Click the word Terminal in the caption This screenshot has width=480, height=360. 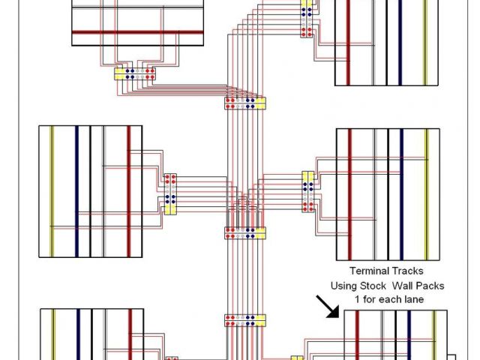[367, 271]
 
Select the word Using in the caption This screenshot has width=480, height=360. [345, 286]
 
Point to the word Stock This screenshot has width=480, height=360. [379, 286]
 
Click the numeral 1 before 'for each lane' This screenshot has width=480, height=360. [358, 299]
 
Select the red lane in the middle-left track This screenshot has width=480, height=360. [128, 191]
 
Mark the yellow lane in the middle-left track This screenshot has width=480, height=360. [51, 191]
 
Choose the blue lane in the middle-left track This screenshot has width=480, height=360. [76, 191]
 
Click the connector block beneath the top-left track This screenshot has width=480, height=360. [135, 74]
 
